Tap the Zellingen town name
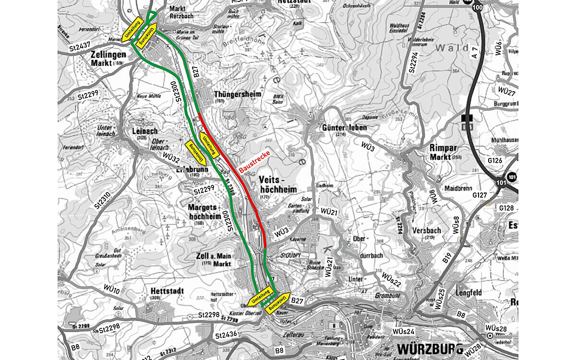tap(108, 54)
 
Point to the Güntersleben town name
tap(344, 128)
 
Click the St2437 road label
tap(80, 47)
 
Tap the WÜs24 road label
tap(403, 331)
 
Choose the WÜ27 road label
tap(506, 91)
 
